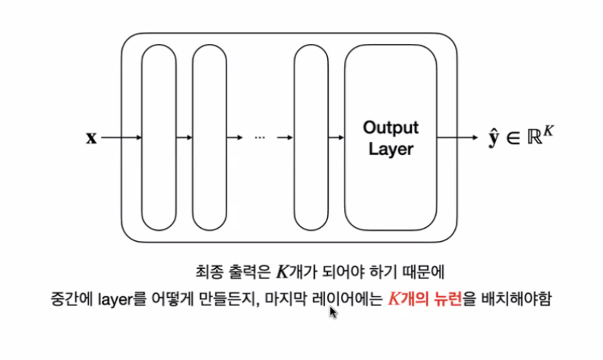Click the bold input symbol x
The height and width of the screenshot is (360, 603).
pyautogui.click(x=91, y=138)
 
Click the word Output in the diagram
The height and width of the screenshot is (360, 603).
pyautogui.click(x=390, y=128)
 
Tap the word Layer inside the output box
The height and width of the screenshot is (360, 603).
pyautogui.click(x=391, y=149)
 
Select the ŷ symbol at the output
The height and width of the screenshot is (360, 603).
pyautogui.click(x=494, y=138)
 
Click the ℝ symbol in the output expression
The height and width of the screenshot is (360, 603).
pyautogui.click(x=535, y=138)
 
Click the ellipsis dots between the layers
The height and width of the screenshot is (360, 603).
pyautogui.click(x=260, y=138)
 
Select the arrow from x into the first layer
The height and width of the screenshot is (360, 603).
pyautogui.click(x=121, y=138)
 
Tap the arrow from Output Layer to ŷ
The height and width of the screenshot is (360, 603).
pyautogui.click(x=457, y=138)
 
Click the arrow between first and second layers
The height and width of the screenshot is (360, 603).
pyautogui.click(x=184, y=138)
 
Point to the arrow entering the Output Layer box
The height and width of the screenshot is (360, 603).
pyautogui.click(x=336, y=138)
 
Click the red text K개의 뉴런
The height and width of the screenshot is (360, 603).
pyautogui.click(x=425, y=299)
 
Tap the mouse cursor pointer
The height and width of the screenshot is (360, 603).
pyautogui.click(x=333, y=313)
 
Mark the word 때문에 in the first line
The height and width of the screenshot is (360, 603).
pyautogui.click(x=424, y=272)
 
